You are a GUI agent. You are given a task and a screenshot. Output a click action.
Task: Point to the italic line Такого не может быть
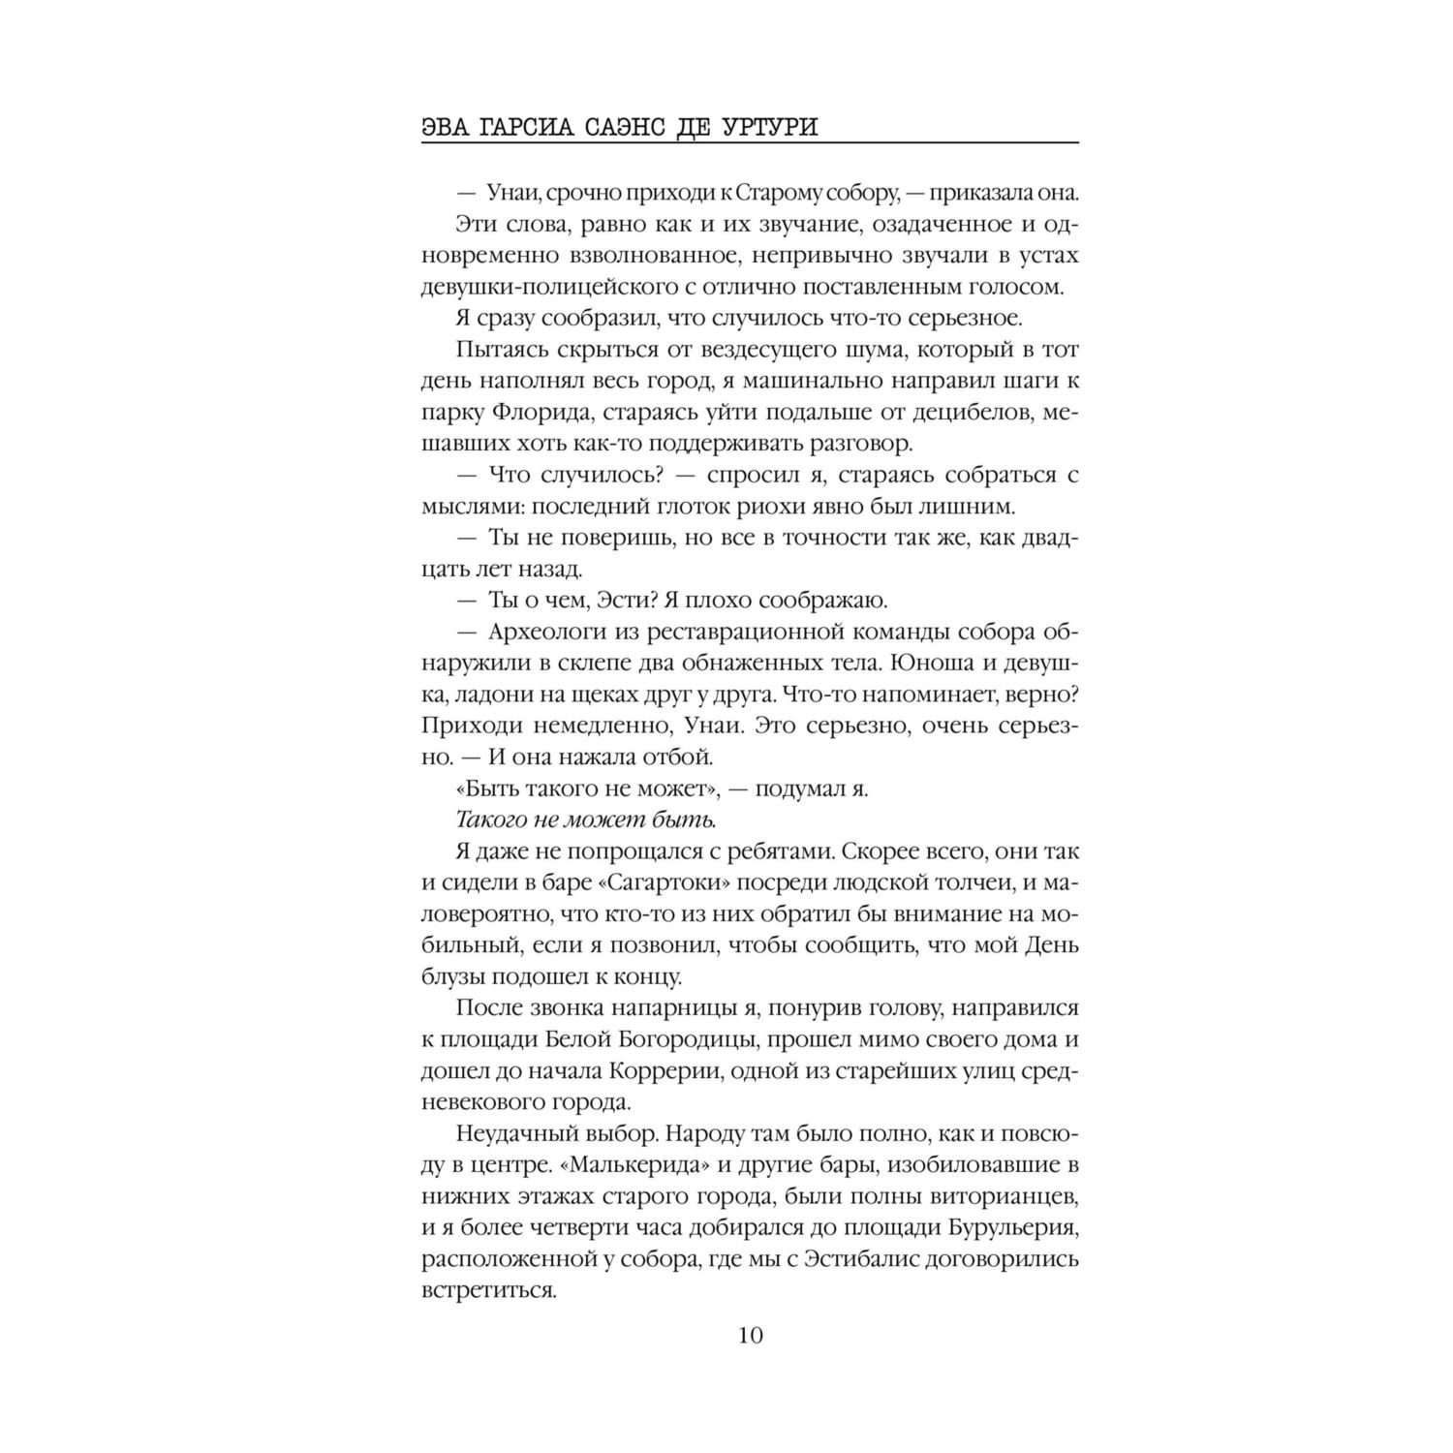click(585, 819)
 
